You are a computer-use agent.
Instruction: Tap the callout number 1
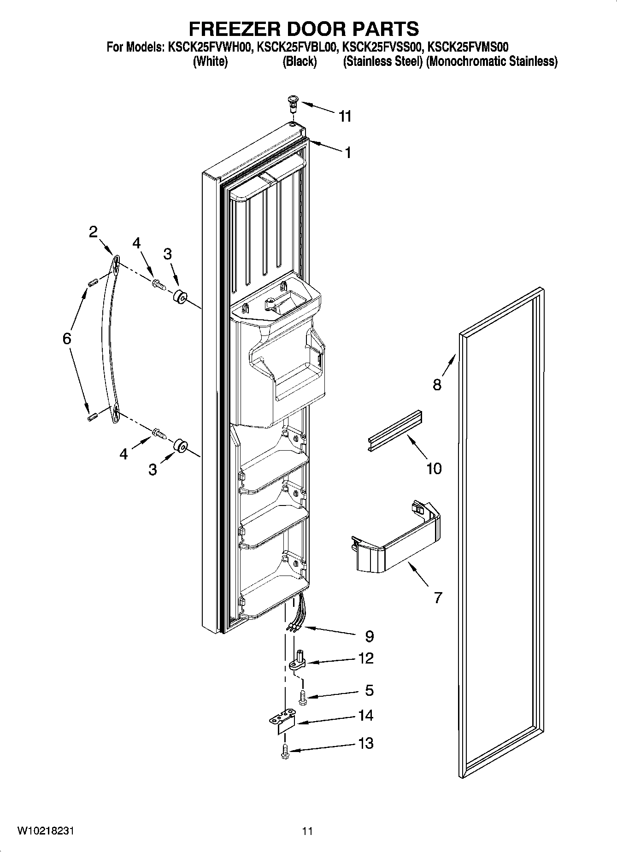(x=348, y=153)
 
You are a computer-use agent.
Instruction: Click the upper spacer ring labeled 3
(x=180, y=298)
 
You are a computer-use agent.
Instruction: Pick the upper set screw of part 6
(x=91, y=282)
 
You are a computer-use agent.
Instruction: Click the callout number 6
(x=67, y=339)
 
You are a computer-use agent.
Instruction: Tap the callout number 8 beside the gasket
(x=436, y=384)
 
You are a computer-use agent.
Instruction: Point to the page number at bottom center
(x=308, y=831)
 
